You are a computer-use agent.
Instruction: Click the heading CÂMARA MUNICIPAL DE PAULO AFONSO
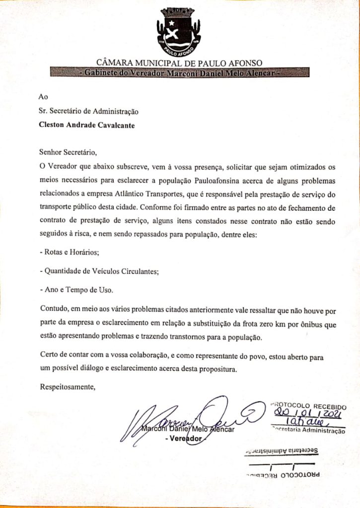click(x=179, y=63)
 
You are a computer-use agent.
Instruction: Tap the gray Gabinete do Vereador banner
click(x=180, y=72)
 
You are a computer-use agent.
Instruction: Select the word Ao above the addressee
click(x=44, y=97)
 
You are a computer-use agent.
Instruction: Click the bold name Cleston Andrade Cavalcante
click(x=87, y=125)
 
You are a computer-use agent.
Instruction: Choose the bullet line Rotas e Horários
click(x=70, y=252)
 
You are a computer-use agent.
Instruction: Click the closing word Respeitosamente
click(x=67, y=387)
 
